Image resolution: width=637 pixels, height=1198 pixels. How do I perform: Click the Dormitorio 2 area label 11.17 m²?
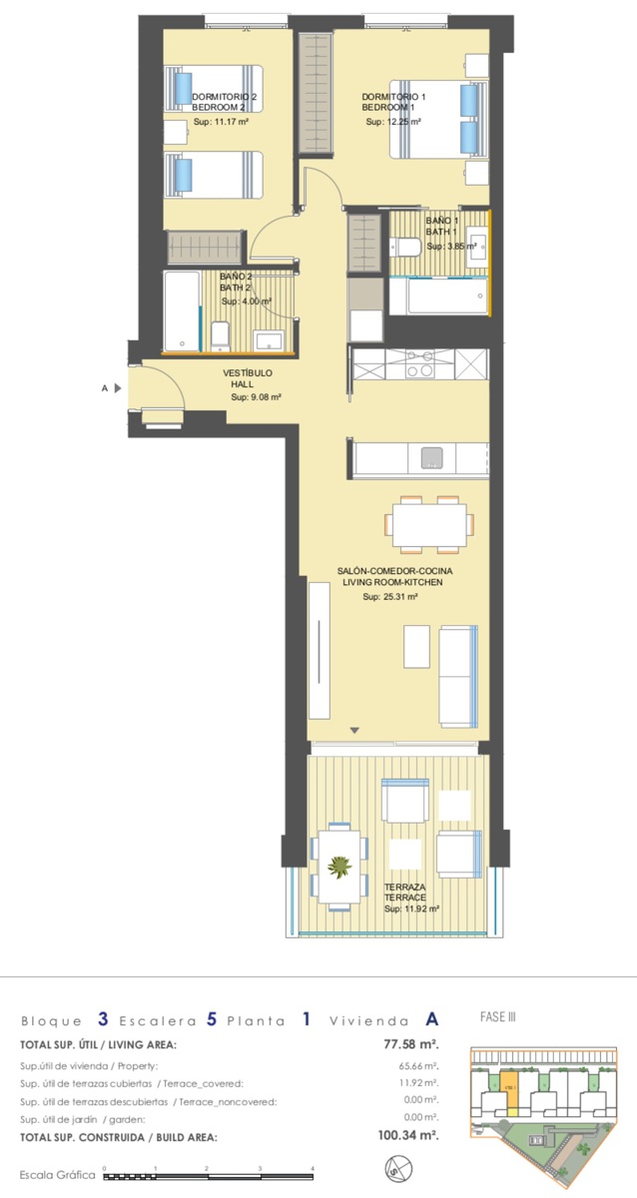click(221, 122)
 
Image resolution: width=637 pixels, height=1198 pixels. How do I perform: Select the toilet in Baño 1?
click(407, 248)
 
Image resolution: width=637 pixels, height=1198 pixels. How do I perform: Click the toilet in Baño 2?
click(221, 336)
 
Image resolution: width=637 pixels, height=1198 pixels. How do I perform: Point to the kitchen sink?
click(431, 457)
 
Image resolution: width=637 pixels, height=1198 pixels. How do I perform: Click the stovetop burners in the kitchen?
click(418, 363)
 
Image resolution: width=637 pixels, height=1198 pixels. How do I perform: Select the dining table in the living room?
click(429, 524)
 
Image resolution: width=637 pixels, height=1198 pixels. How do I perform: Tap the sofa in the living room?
click(458, 676)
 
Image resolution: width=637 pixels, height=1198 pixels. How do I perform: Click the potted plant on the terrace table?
click(339, 866)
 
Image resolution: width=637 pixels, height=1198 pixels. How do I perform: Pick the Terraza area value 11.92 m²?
click(411, 908)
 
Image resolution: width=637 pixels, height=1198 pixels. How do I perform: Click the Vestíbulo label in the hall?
click(248, 372)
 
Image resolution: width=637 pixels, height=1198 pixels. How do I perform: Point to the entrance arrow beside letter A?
click(118, 388)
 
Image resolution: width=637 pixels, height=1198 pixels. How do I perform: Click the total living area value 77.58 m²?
click(411, 1044)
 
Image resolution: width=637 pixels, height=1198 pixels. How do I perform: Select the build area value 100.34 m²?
click(408, 1134)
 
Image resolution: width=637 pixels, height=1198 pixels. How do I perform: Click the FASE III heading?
click(497, 1016)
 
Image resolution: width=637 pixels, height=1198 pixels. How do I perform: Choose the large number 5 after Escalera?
click(212, 1019)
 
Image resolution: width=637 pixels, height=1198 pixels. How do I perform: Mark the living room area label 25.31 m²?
click(390, 597)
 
